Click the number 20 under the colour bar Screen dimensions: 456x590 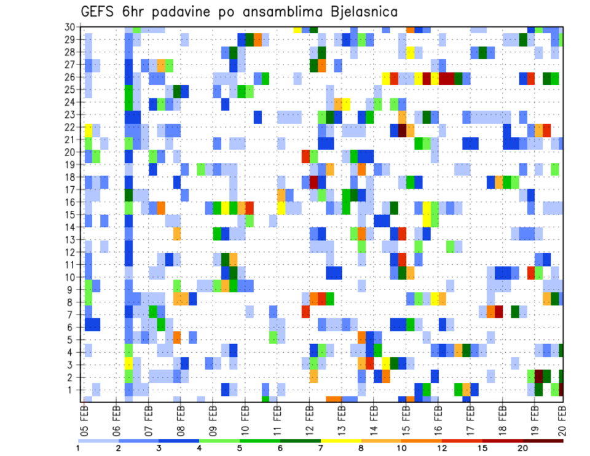pyautogui.click(x=523, y=449)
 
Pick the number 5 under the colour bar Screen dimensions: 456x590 pyautogui.click(x=240, y=449)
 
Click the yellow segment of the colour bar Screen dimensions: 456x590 pyautogui.click(x=341, y=440)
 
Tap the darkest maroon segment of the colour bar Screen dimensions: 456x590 pyautogui.click(x=543, y=440)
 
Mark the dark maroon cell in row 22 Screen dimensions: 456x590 pyautogui.click(x=402, y=130)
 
